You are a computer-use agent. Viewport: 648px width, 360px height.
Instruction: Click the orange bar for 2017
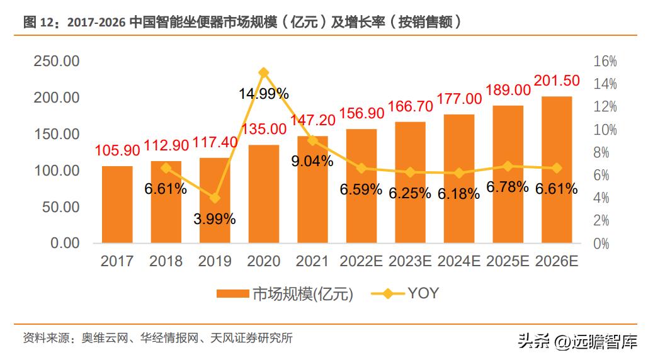pyautogui.click(x=117, y=205)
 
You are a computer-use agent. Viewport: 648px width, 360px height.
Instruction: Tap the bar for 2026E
pyautogui.click(x=557, y=170)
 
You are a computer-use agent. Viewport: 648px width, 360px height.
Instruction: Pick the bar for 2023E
pyautogui.click(x=411, y=183)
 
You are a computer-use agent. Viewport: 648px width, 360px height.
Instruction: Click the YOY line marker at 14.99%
pyautogui.click(x=264, y=72)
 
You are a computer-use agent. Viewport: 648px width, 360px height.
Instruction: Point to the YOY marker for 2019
pyautogui.click(x=215, y=198)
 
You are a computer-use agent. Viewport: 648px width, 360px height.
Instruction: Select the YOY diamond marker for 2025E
pyautogui.click(x=508, y=166)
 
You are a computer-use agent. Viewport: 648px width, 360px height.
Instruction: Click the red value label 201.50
pyautogui.click(x=557, y=81)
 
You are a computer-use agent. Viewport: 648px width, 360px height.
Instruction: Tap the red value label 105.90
pyautogui.click(x=117, y=151)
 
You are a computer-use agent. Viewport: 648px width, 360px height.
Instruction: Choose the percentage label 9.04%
pyautogui.click(x=312, y=161)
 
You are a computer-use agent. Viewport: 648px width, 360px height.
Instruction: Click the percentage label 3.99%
pyautogui.click(x=215, y=219)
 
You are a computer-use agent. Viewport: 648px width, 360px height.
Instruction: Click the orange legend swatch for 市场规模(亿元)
pyautogui.click(x=233, y=294)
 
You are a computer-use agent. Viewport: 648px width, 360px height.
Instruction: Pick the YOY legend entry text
pyautogui.click(x=423, y=293)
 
